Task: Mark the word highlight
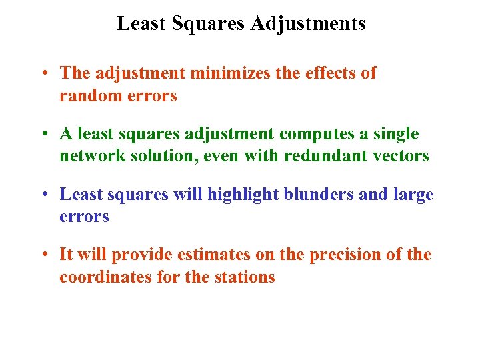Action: click(x=241, y=195)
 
